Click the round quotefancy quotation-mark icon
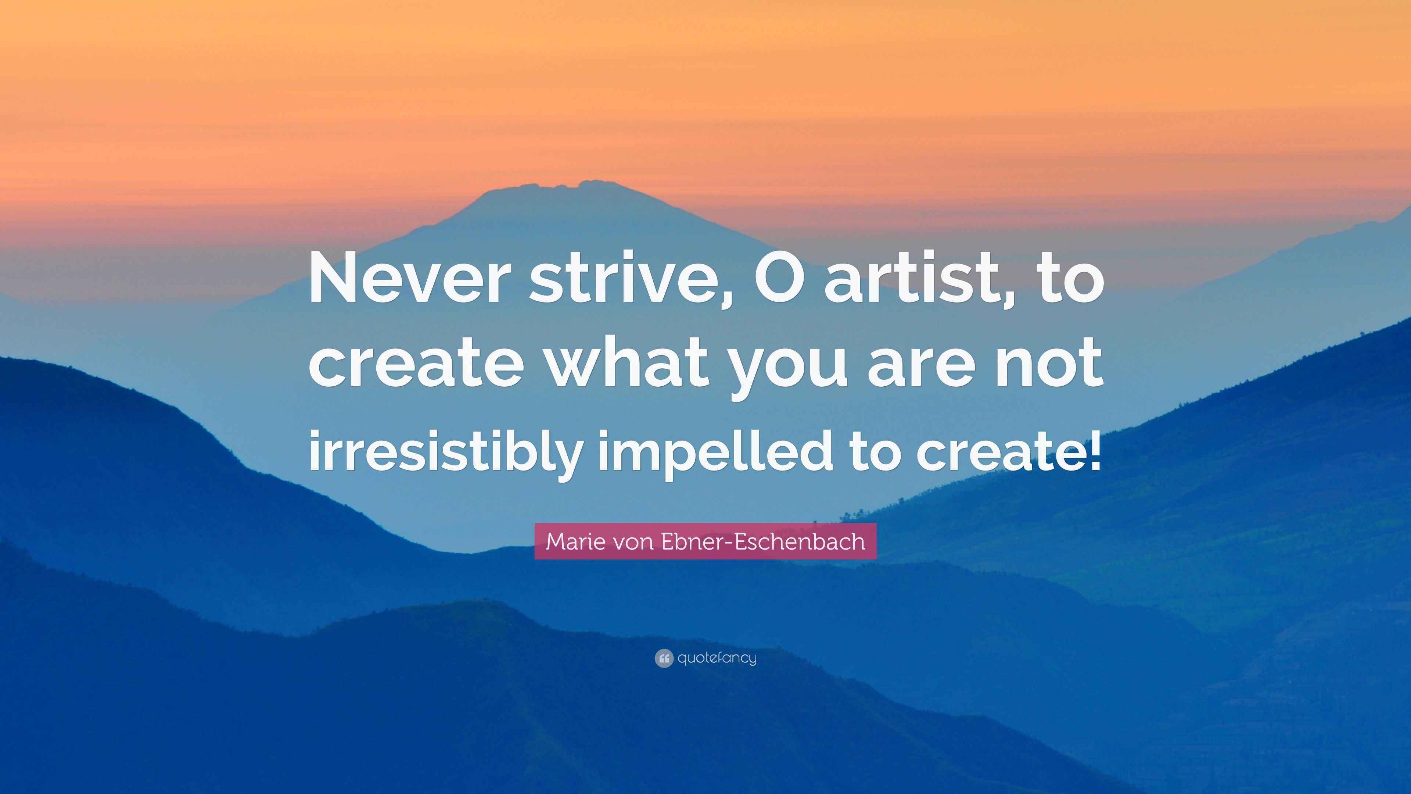[x=663, y=658]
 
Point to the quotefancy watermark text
[x=717, y=658]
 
